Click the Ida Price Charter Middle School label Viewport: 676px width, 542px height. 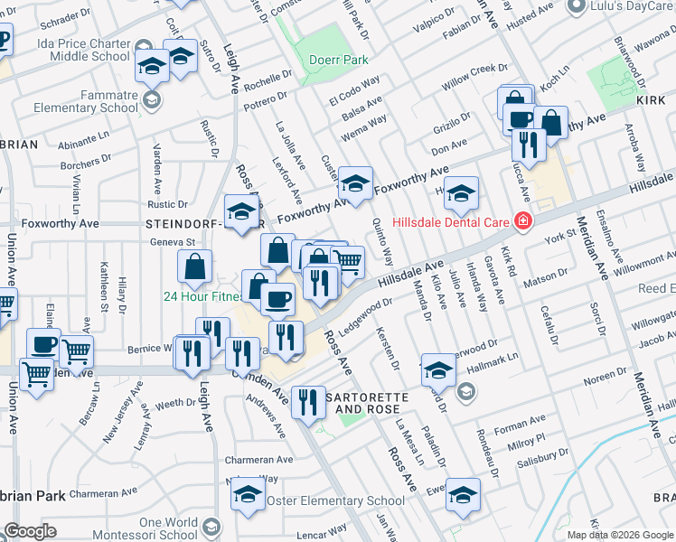point(84,49)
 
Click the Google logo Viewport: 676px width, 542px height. point(30,531)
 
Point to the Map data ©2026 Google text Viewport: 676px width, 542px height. point(619,534)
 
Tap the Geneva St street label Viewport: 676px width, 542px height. point(172,242)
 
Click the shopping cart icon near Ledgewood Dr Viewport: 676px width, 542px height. point(349,263)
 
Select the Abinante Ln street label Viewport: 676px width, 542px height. point(83,143)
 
